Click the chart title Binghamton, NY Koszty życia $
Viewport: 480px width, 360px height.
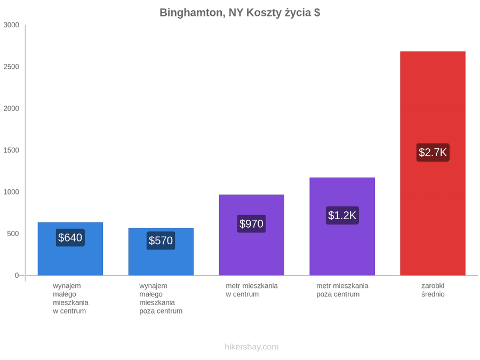pos(240,13)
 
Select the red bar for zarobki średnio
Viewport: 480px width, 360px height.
pos(433,163)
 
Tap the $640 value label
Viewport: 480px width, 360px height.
pos(70,237)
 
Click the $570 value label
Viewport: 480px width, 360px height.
pos(161,241)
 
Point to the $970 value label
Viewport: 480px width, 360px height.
pos(251,224)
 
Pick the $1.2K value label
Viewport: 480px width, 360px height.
pos(342,215)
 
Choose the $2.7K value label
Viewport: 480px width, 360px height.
pos(433,153)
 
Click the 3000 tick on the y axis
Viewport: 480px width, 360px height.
pos(11,25)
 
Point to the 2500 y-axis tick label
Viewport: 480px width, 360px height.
pos(11,67)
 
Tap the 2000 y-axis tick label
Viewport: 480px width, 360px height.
pos(11,108)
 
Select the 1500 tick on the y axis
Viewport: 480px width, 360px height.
pos(11,150)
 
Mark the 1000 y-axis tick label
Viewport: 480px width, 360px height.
pos(11,191)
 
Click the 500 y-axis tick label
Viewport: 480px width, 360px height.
pos(13,234)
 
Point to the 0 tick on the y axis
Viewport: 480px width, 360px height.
pos(17,275)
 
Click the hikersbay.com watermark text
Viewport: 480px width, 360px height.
pos(252,347)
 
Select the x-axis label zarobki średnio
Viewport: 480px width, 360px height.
pos(433,290)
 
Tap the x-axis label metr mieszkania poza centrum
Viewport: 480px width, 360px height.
pos(342,290)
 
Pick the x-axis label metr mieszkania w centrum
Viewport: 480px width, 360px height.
pos(252,290)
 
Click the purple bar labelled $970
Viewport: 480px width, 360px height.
pos(252,235)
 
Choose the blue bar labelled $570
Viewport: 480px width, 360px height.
pos(161,252)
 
